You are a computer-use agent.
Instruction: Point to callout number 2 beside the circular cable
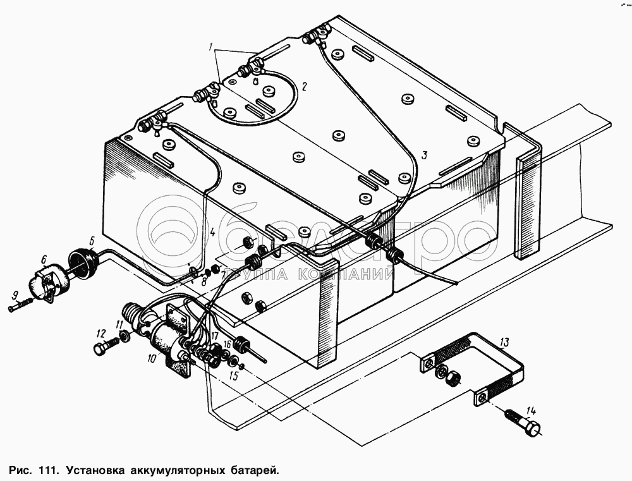pyautogui.click(x=304, y=87)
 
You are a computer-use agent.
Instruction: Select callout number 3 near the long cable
pyautogui.click(x=424, y=154)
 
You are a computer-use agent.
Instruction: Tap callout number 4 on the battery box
pyautogui.click(x=213, y=233)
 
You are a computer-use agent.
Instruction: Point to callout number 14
pyautogui.click(x=530, y=409)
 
